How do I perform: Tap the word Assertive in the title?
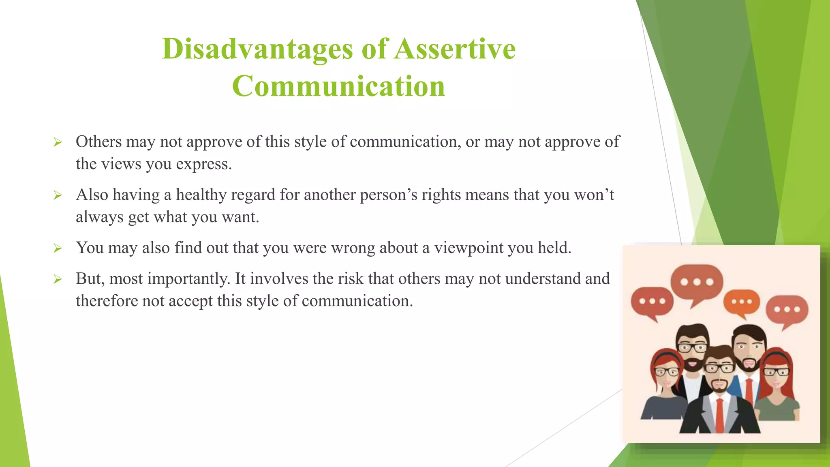(x=455, y=49)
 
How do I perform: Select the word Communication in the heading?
(x=338, y=86)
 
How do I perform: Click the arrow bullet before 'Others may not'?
(x=58, y=142)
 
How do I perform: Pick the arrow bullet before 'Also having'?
(x=58, y=195)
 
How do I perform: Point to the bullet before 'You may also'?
(x=58, y=248)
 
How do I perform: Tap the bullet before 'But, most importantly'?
(x=58, y=279)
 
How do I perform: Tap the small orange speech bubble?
(x=742, y=302)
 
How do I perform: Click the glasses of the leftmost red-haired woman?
(x=666, y=371)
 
